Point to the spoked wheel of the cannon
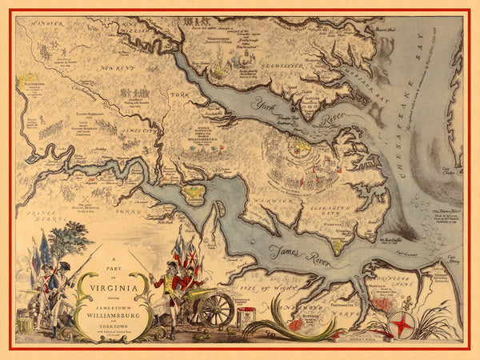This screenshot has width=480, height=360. click(216, 309)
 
